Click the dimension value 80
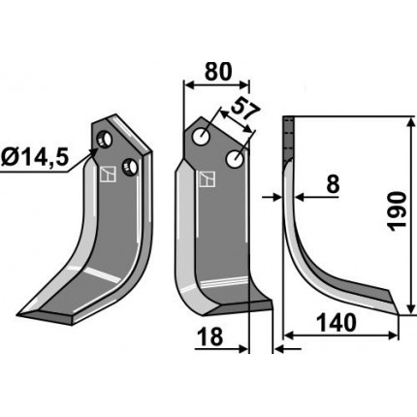point(218,72)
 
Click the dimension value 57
point(245,109)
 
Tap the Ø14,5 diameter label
point(35,158)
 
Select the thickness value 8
point(333,184)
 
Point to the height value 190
point(397,211)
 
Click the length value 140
point(337,323)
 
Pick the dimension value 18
point(210,337)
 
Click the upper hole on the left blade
point(104,140)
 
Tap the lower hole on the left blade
point(130,167)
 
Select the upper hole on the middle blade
point(201,136)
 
